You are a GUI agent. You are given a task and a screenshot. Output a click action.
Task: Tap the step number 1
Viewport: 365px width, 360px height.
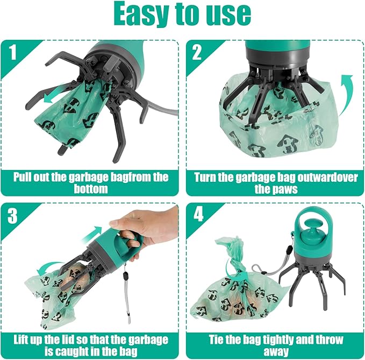tap(12, 52)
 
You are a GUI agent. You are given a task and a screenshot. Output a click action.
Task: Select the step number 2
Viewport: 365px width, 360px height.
tap(197, 52)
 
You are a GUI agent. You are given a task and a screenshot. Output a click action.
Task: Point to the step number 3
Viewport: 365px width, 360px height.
tap(12, 216)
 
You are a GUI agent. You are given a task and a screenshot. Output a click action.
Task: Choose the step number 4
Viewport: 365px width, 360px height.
tap(198, 214)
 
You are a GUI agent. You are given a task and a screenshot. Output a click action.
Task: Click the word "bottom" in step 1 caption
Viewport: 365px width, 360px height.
tap(91, 189)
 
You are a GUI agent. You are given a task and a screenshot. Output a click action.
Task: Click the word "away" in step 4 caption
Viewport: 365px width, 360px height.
tap(276, 351)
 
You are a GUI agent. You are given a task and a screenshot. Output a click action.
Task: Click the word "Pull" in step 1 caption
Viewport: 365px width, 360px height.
tap(22, 177)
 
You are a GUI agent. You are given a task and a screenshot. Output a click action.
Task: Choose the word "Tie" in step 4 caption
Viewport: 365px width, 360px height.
tap(216, 340)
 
